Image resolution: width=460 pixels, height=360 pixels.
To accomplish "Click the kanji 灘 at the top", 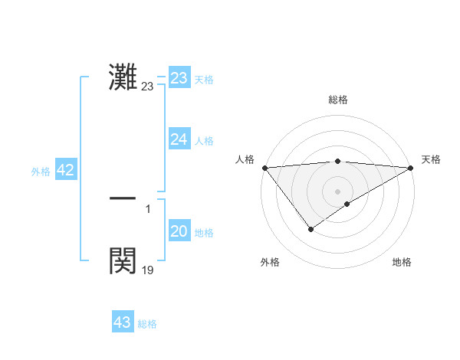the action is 123,77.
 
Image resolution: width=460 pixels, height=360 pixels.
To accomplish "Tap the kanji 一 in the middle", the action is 123,198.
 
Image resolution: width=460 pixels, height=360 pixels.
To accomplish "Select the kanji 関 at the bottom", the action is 123,260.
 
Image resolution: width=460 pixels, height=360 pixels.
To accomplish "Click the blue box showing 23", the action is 179,78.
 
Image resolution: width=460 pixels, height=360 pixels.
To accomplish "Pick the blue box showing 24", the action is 179,139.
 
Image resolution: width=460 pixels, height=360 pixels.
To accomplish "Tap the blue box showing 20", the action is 179,231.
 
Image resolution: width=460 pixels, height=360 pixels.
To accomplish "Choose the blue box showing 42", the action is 65,171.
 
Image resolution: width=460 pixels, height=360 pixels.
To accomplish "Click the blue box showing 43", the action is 122,322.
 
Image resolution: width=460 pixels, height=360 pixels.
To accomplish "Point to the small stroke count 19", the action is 147,270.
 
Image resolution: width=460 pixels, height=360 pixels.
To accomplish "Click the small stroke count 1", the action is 148,208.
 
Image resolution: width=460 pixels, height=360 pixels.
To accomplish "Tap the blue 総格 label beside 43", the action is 147,324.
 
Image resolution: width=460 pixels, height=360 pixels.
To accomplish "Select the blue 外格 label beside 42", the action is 41,172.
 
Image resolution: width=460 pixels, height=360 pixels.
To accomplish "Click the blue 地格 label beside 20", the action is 204,233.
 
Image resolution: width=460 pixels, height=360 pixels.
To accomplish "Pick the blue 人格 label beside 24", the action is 204,141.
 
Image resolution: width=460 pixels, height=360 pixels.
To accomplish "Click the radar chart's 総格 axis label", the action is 338,100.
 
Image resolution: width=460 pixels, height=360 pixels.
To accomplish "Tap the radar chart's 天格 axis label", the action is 431,159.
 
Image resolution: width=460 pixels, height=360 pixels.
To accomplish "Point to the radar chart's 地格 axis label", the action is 402,263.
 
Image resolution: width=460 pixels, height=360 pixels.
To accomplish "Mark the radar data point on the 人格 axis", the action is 264,167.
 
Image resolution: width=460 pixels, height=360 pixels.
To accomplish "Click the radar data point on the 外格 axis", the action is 310,229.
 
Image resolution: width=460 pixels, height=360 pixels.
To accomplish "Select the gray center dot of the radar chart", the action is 338,191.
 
